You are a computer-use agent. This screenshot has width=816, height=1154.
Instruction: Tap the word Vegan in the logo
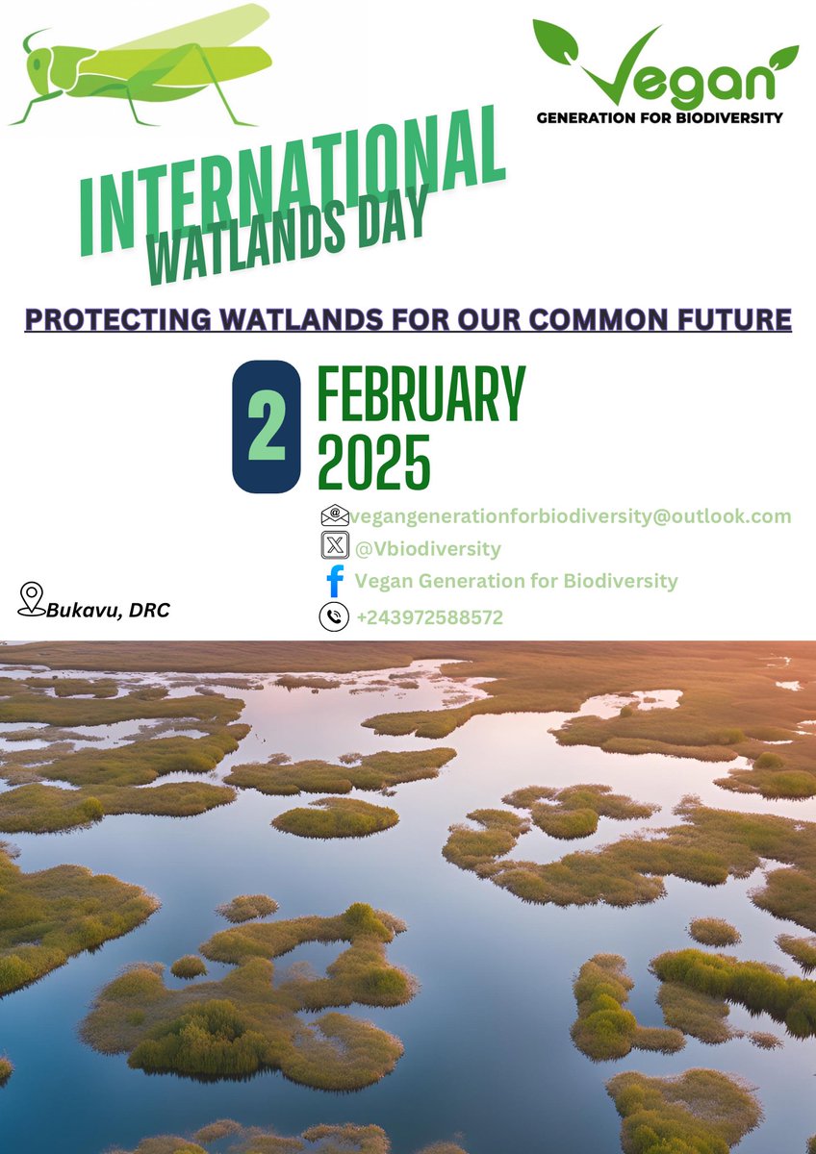coord(674,77)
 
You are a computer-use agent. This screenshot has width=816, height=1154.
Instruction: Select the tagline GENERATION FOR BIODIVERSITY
coord(659,117)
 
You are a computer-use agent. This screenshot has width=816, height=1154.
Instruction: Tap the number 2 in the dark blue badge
coord(267,426)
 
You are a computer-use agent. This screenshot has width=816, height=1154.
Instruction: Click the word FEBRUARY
coord(421,394)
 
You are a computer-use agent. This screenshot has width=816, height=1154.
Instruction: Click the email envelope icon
coord(334,515)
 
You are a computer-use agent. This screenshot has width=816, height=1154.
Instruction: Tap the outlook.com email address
coord(571,516)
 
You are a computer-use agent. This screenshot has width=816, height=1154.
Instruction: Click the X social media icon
coord(334,547)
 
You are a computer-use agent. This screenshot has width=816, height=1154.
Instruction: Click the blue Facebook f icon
coord(335,582)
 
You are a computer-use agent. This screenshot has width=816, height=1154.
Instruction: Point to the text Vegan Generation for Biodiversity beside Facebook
coord(516,581)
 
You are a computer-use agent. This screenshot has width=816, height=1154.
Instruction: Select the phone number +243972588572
coord(429,617)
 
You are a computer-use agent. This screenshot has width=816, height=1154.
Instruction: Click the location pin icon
coord(32,598)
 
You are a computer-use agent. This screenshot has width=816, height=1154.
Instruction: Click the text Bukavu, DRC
coord(108,610)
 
